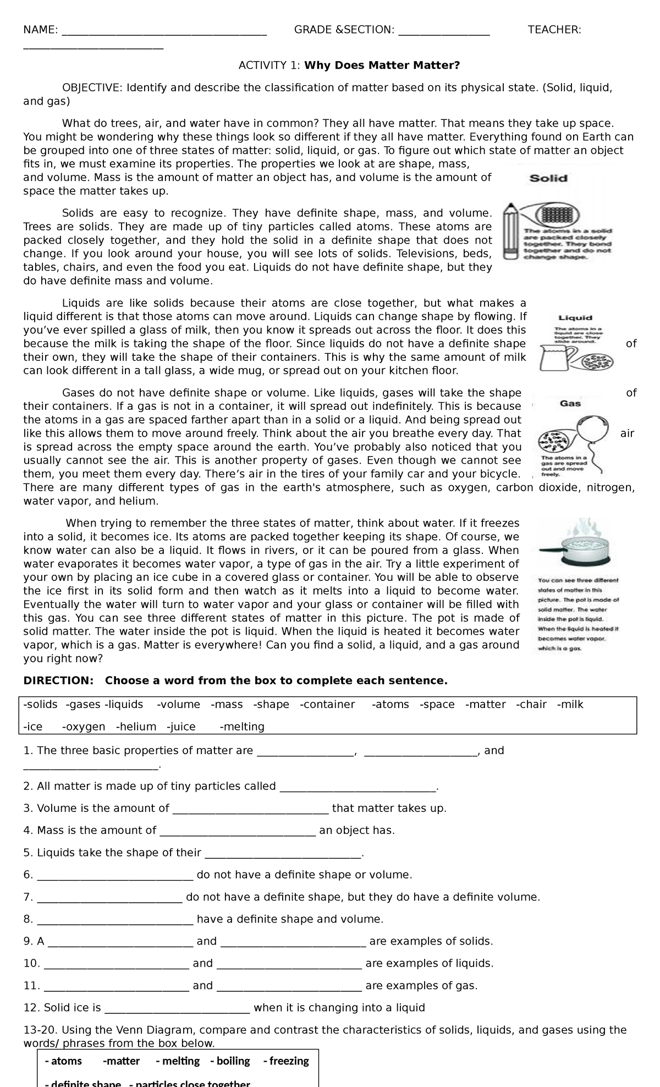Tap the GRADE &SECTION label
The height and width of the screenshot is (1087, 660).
(344, 30)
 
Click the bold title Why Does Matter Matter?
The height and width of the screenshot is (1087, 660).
(382, 66)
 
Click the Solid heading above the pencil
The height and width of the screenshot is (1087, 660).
(548, 178)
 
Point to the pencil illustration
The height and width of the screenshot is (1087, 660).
(511, 231)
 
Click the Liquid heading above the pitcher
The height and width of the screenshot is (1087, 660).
(575, 317)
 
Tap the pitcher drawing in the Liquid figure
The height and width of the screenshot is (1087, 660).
(556, 358)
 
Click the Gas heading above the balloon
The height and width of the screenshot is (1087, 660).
(570, 404)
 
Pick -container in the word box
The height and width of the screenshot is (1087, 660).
(327, 705)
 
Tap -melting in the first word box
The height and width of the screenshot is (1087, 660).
(242, 727)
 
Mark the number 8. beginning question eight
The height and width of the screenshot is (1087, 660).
(28, 919)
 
